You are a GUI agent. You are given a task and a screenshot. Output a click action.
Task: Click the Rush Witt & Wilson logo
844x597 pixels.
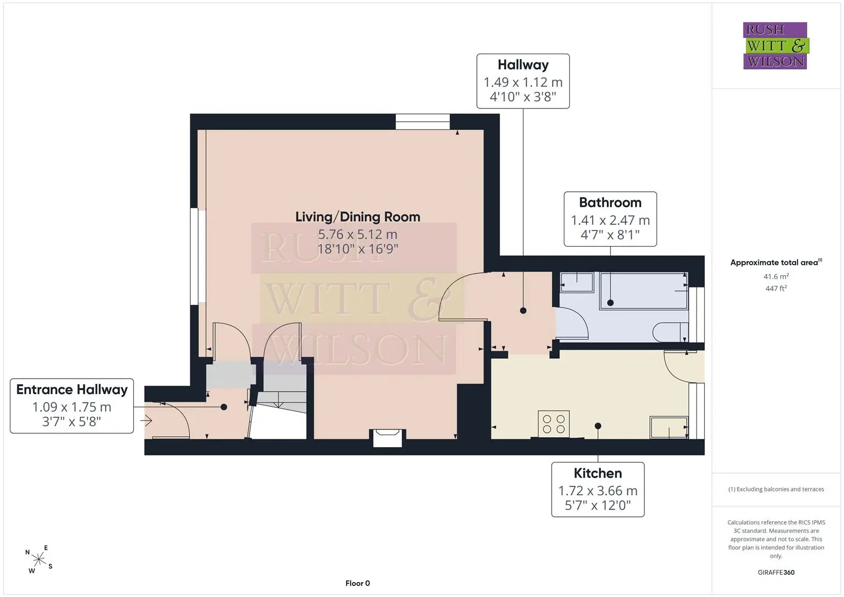tap(775, 45)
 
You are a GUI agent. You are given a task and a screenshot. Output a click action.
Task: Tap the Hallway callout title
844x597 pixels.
tap(523, 65)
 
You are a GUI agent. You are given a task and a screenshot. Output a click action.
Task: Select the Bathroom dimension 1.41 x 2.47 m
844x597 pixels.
tap(610, 220)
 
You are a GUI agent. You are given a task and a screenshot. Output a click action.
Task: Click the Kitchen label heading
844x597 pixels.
tap(597, 473)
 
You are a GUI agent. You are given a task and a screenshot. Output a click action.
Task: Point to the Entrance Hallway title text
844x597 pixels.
tap(72, 390)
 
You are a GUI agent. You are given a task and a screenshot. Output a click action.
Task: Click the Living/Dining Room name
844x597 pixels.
tap(358, 217)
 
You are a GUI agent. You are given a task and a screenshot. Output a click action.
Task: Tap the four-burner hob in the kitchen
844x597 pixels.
tap(553, 423)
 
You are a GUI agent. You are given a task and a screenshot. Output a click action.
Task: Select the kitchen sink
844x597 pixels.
tap(669, 427)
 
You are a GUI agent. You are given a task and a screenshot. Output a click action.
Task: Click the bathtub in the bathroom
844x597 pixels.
tap(644, 291)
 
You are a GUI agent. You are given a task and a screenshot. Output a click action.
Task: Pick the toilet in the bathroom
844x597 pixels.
tap(670, 332)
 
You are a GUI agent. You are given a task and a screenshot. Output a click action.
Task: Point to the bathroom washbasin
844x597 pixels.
tap(577, 282)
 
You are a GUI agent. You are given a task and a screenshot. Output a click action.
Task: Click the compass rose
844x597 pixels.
tap(39, 559)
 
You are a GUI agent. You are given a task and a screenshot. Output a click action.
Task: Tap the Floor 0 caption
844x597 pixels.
tap(358, 583)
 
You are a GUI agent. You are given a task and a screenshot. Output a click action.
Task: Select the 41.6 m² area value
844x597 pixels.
tap(776, 276)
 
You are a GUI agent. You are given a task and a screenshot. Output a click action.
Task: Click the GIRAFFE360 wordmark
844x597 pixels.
tap(776, 572)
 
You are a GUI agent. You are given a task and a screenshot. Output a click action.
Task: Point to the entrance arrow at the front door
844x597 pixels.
tap(146, 420)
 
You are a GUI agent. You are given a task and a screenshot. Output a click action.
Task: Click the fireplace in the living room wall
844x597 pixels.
tap(387, 438)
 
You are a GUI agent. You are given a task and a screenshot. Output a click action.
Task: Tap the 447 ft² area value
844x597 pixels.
tap(776, 289)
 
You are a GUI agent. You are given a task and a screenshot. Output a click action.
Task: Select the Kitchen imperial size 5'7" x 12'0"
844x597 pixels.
tap(597, 505)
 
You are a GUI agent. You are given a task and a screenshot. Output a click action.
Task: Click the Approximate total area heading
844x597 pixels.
tap(776, 263)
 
